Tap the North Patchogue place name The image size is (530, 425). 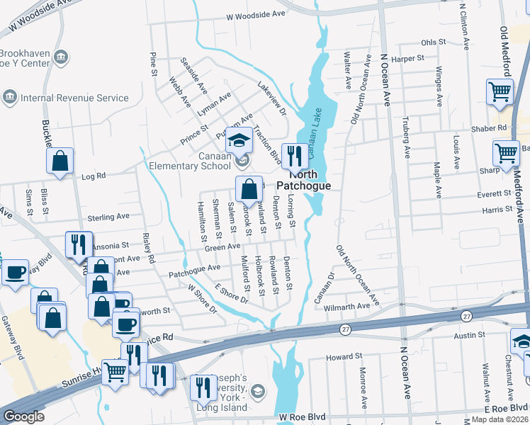tap(303, 180)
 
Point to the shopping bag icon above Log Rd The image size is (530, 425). tap(60, 161)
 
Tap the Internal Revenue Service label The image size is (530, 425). tap(74, 98)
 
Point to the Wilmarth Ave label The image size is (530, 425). tap(352, 306)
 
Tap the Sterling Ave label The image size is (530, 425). tap(108, 217)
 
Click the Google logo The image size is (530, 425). tap(24, 416)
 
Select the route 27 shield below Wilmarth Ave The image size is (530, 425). tap(345, 329)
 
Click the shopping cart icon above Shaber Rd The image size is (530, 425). tap(500, 93)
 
